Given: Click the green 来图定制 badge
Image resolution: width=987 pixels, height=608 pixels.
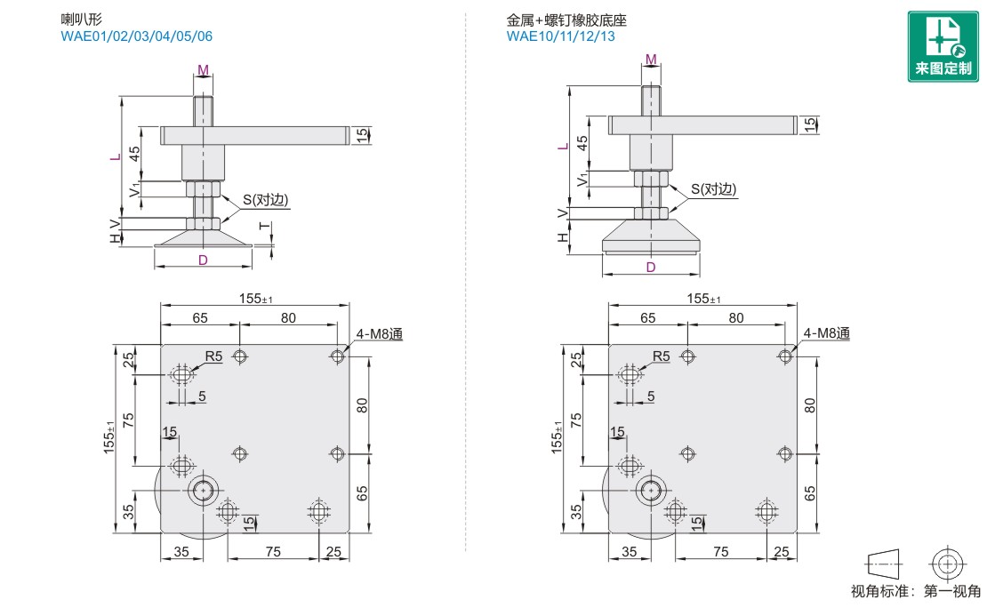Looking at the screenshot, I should pos(943,46).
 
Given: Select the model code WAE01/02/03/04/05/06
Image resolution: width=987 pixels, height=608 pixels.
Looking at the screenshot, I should pos(136,36).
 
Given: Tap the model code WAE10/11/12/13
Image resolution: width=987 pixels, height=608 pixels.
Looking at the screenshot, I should pos(560,36).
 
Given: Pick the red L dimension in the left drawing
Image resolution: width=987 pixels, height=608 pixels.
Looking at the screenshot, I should pos(113,156).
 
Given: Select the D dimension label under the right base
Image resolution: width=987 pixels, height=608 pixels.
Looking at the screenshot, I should pos(651,267).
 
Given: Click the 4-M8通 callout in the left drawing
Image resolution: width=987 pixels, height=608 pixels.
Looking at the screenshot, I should pos(380,334).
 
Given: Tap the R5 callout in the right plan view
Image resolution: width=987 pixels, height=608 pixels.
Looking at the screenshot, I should pos(661,356).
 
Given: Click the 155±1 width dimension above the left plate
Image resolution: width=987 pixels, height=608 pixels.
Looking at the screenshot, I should pos(256,299).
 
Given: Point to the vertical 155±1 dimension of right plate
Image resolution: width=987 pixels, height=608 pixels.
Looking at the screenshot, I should pos(558,439).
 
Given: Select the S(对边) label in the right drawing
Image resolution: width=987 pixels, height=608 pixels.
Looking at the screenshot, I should pos(714,189).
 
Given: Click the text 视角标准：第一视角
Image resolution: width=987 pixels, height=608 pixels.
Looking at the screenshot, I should pos(916,591).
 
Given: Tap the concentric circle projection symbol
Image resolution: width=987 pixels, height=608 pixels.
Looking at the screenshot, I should pos(946,563).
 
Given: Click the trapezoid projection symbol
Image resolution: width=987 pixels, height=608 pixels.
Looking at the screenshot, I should pos(883,563).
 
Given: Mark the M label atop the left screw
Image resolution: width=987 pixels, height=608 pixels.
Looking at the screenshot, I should pos(203,70).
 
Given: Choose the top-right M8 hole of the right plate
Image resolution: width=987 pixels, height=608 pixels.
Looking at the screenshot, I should pos(784,356).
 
